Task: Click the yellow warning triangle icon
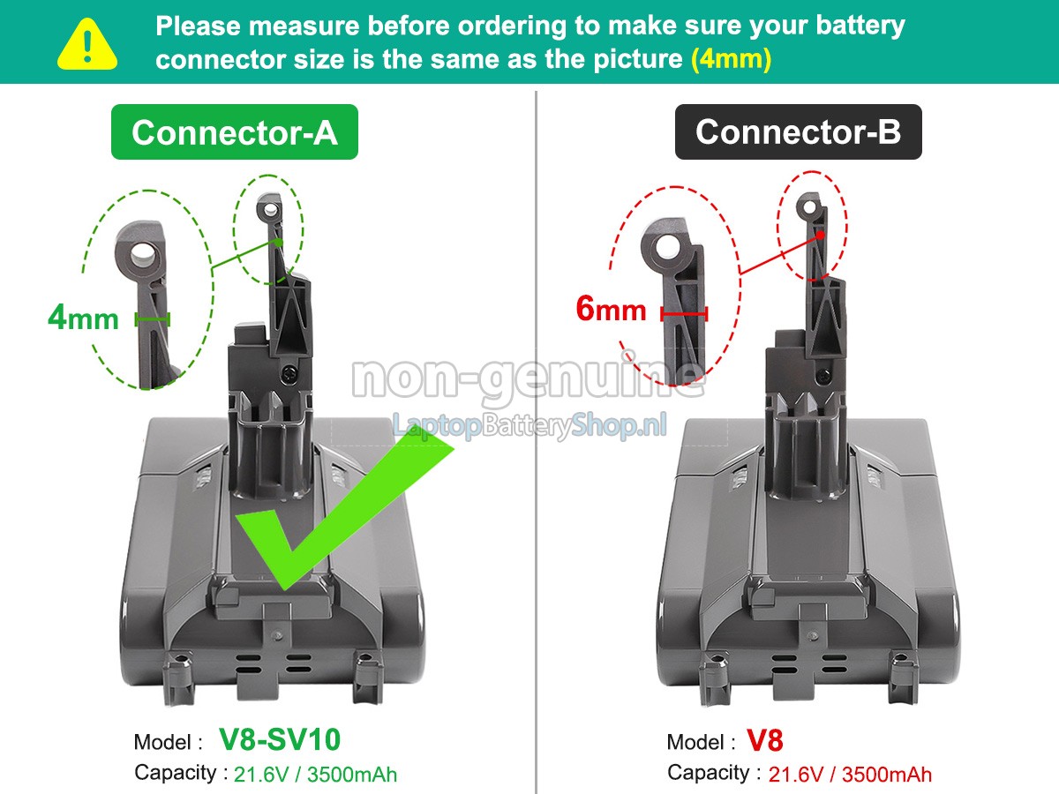pyautogui.click(x=86, y=45)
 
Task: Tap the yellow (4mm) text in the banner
pyautogui.click(x=732, y=59)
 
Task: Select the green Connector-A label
pyautogui.click(x=235, y=132)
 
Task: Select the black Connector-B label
pyautogui.click(x=798, y=131)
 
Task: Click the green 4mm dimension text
pyautogui.click(x=83, y=318)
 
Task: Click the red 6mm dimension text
pyautogui.click(x=611, y=309)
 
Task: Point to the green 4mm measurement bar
pyautogui.click(x=153, y=318)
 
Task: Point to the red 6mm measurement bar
pyautogui.click(x=684, y=314)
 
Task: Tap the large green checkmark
pyautogui.click(x=345, y=511)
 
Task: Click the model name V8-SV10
pyautogui.click(x=280, y=739)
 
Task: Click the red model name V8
pyautogui.click(x=765, y=740)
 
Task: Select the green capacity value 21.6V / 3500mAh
pyautogui.click(x=316, y=775)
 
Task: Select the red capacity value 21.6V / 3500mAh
pyautogui.click(x=850, y=775)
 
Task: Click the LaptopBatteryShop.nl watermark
pyautogui.click(x=529, y=426)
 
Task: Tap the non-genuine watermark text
pyautogui.click(x=529, y=378)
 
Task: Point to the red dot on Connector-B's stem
pyautogui.click(x=820, y=236)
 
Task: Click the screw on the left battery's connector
pyautogui.click(x=289, y=371)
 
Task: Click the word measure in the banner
pyautogui.click(x=304, y=26)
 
